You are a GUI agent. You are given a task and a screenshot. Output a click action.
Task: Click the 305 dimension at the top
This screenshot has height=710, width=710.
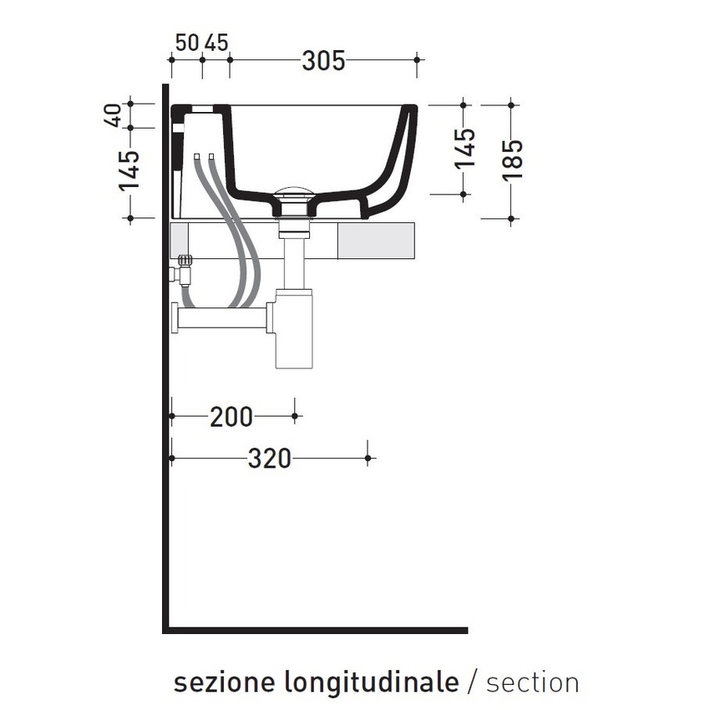(323, 60)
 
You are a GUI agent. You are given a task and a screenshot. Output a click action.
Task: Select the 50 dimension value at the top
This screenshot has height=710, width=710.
(188, 42)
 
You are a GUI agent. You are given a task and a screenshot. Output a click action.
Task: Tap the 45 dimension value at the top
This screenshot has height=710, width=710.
(216, 42)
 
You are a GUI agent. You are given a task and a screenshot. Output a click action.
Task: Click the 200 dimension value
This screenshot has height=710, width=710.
(231, 416)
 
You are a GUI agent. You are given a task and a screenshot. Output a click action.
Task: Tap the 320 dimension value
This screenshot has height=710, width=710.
(269, 459)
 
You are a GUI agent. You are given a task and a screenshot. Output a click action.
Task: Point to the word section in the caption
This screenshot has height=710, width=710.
(532, 682)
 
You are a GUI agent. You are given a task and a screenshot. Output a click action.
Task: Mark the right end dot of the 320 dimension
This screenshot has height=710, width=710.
(368, 458)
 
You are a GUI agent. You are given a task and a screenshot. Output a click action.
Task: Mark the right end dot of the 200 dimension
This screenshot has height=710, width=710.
(294, 415)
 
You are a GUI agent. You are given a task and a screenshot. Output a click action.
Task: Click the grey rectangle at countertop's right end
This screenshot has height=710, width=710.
(378, 240)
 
